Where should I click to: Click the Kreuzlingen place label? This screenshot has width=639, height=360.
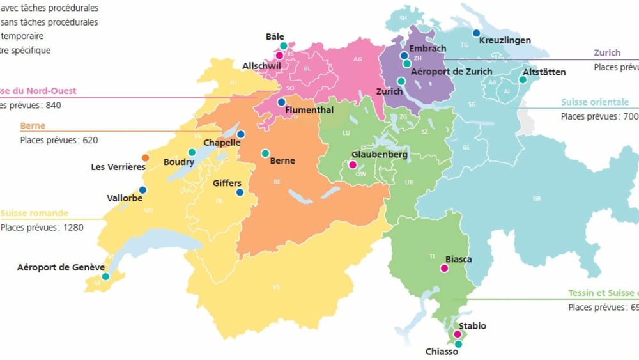click(504, 40)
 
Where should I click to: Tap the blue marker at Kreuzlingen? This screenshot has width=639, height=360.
click(476, 33)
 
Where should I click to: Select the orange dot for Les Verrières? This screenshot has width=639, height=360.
click(146, 157)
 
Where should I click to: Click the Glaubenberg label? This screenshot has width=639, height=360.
click(380, 154)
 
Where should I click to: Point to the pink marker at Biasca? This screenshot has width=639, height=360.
click(445, 269)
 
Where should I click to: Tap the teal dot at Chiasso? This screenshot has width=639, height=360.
click(458, 344)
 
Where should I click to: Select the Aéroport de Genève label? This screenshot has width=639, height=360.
click(61, 267)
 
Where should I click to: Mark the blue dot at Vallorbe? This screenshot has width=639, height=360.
click(142, 190)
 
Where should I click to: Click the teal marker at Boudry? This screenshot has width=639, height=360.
click(192, 152)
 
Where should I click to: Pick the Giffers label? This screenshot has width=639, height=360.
click(227, 183)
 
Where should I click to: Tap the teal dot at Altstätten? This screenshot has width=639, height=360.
click(523, 80)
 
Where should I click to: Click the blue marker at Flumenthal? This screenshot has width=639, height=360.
click(281, 102)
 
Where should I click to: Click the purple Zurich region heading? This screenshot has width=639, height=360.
click(606, 53)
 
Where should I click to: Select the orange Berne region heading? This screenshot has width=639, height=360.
click(33, 126)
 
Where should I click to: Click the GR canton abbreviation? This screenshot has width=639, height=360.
click(536, 198)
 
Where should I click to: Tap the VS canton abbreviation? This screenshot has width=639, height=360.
click(276, 287)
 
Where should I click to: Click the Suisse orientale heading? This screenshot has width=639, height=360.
click(594, 102)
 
